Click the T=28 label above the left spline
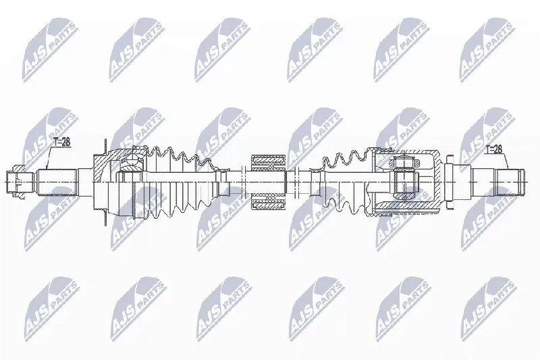click(x=61, y=142)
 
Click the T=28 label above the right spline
click(x=493, y=149)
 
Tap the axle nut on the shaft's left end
click(x=16, y=181)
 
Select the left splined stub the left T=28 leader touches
click(x=57, y=182)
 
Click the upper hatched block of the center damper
click(x=268, y=162)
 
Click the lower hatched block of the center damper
click(x=268, y=201)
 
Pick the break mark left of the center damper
click(x=242, y=182)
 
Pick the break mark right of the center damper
click(x=295, y=182)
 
